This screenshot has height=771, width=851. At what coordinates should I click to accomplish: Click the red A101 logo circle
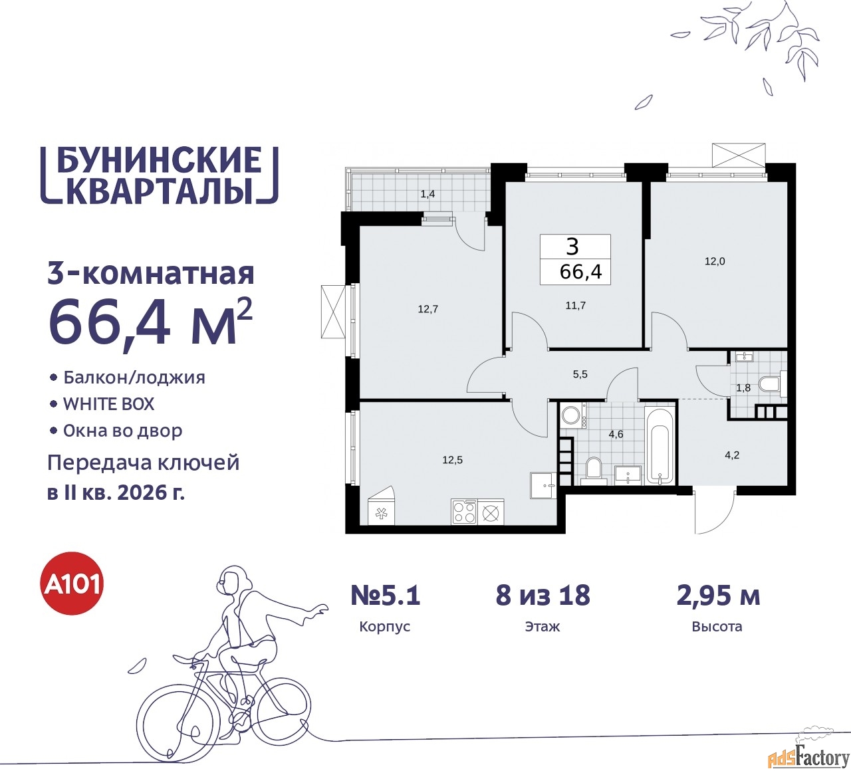72,583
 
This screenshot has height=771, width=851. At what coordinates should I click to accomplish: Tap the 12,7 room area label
428,309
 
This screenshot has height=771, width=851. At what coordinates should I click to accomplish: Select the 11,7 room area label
576,305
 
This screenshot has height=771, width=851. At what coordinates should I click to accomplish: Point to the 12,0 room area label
715,261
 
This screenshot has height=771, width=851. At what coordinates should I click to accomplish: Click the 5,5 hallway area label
580,374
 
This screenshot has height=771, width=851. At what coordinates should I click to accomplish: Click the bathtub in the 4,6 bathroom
660,445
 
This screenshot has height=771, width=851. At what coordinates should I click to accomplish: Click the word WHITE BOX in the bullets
108,403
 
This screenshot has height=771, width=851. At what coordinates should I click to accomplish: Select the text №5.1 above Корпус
385,595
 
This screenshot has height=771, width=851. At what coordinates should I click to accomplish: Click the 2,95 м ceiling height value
719,596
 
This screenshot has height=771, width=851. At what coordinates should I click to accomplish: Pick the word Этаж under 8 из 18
542,626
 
